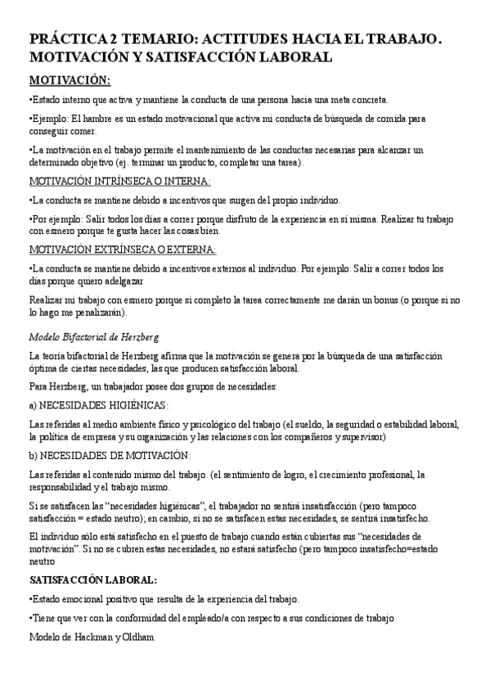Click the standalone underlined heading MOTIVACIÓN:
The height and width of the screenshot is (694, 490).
(x=70, y=80)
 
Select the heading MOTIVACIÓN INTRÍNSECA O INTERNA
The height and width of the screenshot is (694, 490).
(x=119, y=181)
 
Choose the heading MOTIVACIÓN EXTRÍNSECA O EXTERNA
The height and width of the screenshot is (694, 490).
(x=123, y=249)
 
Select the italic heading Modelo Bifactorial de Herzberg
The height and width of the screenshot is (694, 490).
(x=93, y=336)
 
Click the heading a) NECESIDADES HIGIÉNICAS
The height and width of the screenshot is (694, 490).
(x=98, y=405)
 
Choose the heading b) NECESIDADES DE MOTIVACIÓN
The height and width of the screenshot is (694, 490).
(x=110, y=455)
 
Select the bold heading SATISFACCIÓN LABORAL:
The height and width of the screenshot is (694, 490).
(x=92, y=580)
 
